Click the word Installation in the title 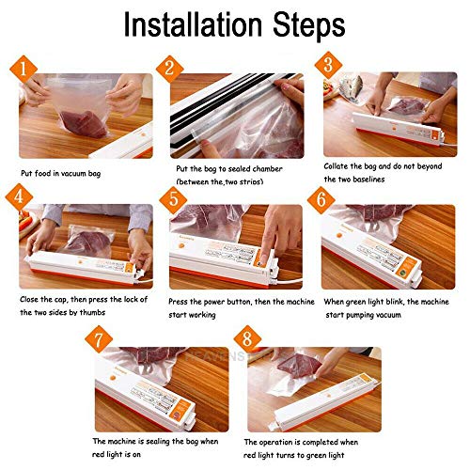point(193,24)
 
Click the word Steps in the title point(309,26)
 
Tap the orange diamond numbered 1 point(23,69)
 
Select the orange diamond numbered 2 point(169,69)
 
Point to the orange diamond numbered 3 point(328,65)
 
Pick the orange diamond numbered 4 point(19,197)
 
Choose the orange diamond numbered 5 point(173,200)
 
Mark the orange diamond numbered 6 point(321,200)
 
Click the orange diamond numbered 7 point(99,339)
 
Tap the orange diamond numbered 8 point(247,339)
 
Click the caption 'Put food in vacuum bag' point(61,174)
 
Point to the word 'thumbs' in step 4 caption point(92,312)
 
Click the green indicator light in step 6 point(402,273)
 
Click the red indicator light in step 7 point(177,415)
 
